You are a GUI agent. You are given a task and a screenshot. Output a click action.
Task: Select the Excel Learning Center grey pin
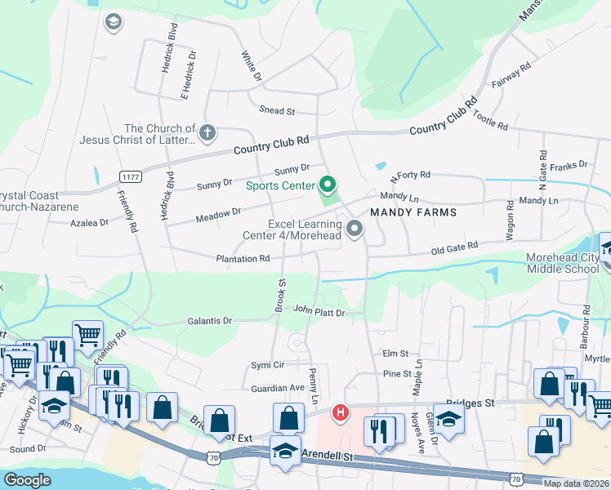[x=355, y=229]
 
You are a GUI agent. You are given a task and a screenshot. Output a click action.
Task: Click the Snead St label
[x=277, y=111]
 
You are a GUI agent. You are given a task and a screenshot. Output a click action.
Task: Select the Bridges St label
[x=471, y=403]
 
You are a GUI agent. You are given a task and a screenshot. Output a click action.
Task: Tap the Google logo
[x=27, y=480]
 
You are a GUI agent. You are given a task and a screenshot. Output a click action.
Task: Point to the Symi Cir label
[x=267, y=364]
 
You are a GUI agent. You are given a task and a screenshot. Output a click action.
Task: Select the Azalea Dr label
[x=89, y=222]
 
